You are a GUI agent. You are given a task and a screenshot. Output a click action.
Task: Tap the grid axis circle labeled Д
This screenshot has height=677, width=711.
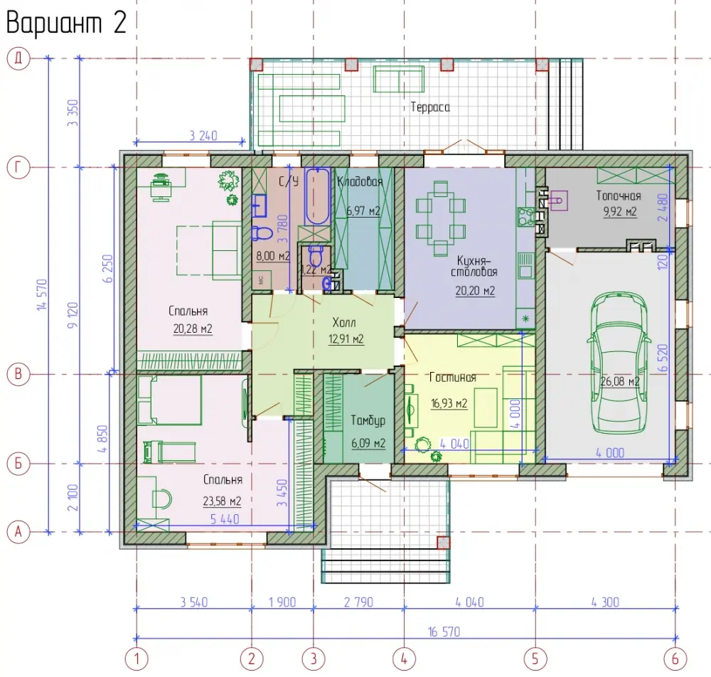(18, 58)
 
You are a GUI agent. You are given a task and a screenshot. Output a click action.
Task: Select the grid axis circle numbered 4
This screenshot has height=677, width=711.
(404, 659)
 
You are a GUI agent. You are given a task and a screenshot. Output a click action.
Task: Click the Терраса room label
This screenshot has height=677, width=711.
(430, 107)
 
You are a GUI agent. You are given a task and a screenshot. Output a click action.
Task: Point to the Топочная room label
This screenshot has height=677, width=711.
(619, 196)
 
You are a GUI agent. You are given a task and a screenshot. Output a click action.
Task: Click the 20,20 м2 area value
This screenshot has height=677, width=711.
(475, 291)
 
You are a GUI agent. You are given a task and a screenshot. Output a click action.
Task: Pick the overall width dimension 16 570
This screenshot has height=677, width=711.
(444, 631)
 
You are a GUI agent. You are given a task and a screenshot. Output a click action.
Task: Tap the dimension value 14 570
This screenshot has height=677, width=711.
(42, 294)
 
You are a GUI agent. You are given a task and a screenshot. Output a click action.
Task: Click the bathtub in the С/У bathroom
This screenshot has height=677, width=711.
(317, 196)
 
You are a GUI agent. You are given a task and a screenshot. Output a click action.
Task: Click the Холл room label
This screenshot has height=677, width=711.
(344, 322)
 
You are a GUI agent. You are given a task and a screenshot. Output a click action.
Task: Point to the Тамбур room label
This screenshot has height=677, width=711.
(368, 421)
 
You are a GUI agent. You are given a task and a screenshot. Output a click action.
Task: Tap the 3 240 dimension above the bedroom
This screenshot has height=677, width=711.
(203, 135)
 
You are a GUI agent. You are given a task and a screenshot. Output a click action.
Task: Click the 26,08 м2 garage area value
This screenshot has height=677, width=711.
(620, 381)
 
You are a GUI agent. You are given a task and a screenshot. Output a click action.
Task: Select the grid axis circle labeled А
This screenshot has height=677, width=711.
(18, 531)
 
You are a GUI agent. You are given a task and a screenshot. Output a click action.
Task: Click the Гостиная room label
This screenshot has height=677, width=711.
(452, 378)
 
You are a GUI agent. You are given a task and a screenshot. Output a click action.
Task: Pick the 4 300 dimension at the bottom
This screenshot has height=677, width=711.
(605, 602)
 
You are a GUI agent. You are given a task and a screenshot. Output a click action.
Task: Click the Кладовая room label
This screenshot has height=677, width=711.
(360, 181)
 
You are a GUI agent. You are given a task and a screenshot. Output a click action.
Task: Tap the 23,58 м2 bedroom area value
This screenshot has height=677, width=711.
(222, 501)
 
